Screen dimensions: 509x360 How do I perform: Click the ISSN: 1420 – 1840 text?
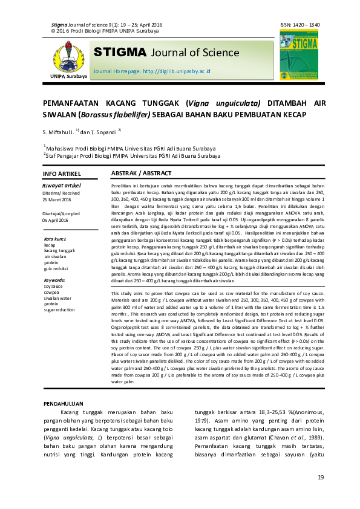click(300, 25)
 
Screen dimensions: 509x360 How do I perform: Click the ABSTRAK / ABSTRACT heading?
click(142, 173)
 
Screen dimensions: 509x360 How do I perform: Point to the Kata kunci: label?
click(55, 239)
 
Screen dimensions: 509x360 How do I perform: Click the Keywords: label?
click(55, 280)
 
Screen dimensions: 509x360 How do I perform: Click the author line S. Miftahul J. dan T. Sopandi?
click(82, 131)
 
